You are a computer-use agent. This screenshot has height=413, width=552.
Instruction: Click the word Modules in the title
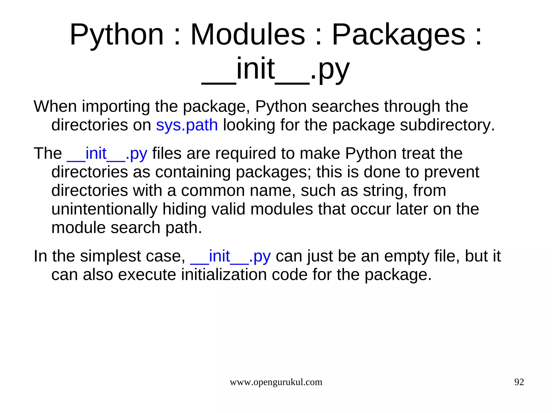click(x=248, y=34)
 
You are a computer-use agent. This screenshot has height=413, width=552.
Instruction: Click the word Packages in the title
click(x=398, y=34)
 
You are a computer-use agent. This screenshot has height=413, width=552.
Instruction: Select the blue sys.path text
click(x=187, y=125)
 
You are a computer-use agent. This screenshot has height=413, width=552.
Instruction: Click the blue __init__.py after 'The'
click(x=107, y=154)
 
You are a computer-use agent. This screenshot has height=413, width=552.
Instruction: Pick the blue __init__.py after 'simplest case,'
click(x=230, y=256)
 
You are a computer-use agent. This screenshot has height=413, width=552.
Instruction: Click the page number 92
click(x=519, y=382)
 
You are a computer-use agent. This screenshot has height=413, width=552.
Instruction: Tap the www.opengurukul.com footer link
click(x=276, y=382)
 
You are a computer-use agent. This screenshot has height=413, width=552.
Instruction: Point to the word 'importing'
click(x=116, y=106)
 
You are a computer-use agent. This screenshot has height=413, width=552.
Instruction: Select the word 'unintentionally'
click(x=104, y=209)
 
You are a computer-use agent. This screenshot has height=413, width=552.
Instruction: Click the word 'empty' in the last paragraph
click(x=407, y=256)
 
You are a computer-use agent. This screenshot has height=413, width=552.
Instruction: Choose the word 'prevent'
click(x=451, y=172)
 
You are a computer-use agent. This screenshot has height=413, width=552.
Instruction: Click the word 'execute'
click(x=147, y=275)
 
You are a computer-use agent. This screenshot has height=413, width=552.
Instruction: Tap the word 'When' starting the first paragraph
click(x=55, y=106)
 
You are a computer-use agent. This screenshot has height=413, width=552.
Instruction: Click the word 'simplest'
click(x=111, y=256)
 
